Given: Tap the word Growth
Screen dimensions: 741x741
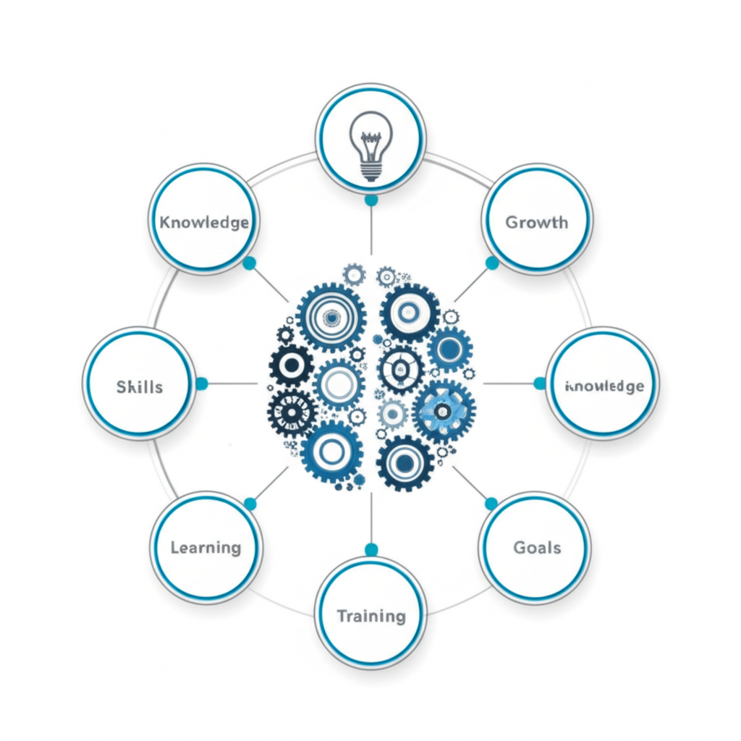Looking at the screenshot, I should click(536, 221).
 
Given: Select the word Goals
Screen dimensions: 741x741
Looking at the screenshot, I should click(537, 547).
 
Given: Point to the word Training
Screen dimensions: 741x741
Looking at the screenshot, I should click(371, 617).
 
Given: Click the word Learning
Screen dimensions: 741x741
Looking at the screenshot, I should click(206, 547).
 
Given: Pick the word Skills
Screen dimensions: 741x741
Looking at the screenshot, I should click(140, 386).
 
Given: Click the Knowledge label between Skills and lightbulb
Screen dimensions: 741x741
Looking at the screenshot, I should click(204, 221).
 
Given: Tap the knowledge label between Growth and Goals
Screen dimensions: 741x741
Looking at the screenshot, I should click(604, 386).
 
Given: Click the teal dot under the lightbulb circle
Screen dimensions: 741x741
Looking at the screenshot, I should click(371, 200).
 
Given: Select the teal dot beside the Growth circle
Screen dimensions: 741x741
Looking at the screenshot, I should click(492, 263).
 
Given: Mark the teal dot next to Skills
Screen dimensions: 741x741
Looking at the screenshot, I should click(201, 384).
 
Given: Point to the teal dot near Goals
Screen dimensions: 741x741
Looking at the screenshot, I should click(491, 504).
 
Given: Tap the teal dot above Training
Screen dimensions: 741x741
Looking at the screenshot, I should click(371, 550).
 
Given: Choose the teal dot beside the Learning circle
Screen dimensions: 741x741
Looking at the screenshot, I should click(250, 504).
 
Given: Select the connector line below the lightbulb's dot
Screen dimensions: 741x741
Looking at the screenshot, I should click(371, 232).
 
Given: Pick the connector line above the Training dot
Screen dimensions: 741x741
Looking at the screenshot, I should click(371, 517).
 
